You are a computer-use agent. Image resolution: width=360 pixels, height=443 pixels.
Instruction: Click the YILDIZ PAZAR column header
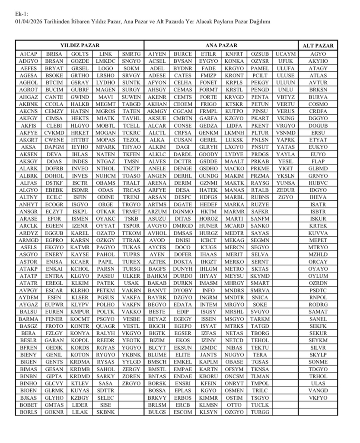[x=80, y=45]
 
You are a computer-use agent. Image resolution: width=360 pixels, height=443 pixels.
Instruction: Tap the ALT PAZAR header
[x=318, y=45]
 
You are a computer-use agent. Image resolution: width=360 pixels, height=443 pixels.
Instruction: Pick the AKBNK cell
[x=29, y=104]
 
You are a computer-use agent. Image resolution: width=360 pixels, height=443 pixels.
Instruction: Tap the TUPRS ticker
[x=131, y=254]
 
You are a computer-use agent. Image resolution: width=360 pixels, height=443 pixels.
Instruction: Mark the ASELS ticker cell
[x=29, y=247]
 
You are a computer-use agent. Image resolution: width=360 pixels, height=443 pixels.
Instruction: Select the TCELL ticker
[x=131, y=125]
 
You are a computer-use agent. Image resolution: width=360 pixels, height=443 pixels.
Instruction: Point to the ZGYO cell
[x=286, y=197]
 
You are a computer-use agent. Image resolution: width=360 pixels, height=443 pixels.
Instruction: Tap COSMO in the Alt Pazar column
[x=318, y=104]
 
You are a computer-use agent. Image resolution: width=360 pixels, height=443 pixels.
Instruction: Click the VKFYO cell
[x=318, y=398]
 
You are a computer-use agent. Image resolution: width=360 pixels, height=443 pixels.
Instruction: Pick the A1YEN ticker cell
[x=157, y=54]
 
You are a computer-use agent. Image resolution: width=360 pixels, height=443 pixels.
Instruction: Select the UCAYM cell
[x=286, y=54]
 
